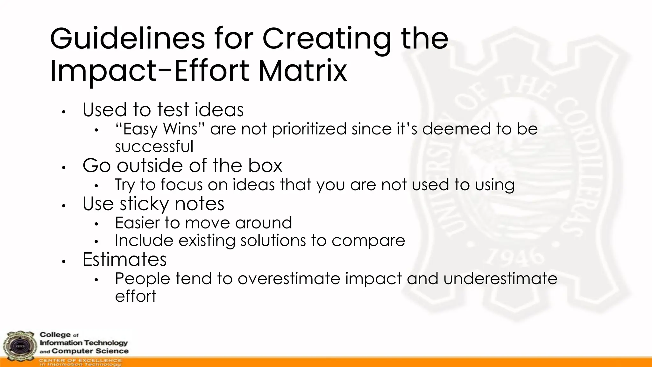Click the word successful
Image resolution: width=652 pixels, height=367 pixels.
(x=154, y=147)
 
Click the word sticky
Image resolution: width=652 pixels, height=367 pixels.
(x=144, y=204)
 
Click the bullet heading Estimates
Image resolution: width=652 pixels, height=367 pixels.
(x=124, y=259)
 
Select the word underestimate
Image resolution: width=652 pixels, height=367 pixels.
(x=500, y=278)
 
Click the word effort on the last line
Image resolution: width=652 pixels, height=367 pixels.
(x=136, y=296)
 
